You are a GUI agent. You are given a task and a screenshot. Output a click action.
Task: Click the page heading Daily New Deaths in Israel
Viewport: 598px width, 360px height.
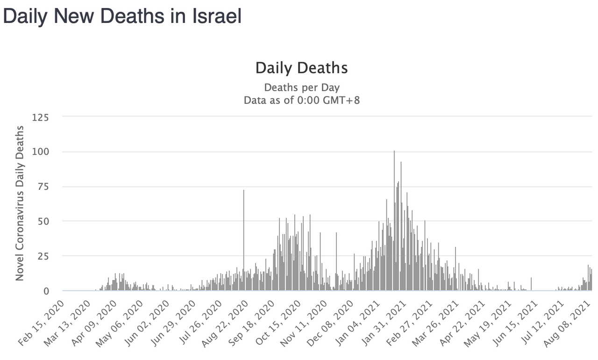(x=122, y=17)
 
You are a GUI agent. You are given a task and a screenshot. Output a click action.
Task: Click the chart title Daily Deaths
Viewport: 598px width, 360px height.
(x=301, y=68)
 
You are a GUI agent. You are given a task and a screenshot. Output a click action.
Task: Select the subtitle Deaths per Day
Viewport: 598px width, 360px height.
(x=301, y=87)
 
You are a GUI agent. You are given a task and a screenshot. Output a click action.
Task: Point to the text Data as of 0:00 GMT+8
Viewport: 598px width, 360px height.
(x=301, y=100)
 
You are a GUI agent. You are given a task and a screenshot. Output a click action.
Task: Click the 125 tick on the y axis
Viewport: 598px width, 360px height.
(x=40, y=117)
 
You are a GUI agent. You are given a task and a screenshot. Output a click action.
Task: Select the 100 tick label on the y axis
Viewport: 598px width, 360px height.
(x=40, y=152)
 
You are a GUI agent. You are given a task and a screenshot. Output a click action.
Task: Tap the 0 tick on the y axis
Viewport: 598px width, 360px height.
(x=46, y=291)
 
